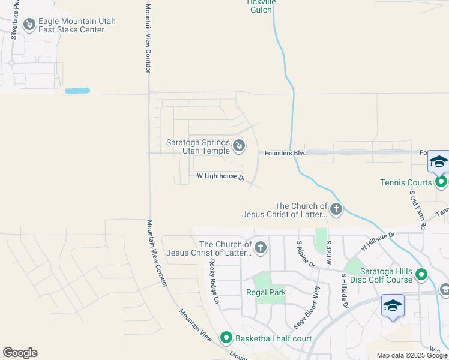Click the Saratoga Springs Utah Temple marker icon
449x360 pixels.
click(239, 145)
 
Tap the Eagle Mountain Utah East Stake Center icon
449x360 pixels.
click(29, 25)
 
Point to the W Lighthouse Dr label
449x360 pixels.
click(221, 177)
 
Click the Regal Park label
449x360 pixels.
click(265, 292)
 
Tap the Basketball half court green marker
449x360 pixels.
click(226, 338)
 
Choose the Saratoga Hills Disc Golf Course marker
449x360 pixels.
click(421, 275)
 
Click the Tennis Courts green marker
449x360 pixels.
click(441, 182)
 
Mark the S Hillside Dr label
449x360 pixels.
click(345, 290)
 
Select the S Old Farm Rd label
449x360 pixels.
click(418, 210)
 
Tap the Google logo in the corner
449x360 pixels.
click(20, 353)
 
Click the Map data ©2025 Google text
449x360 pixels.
click(411, 355)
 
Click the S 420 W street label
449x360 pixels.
click(328, 254)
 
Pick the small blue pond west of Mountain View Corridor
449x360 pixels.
click(77, 91)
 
